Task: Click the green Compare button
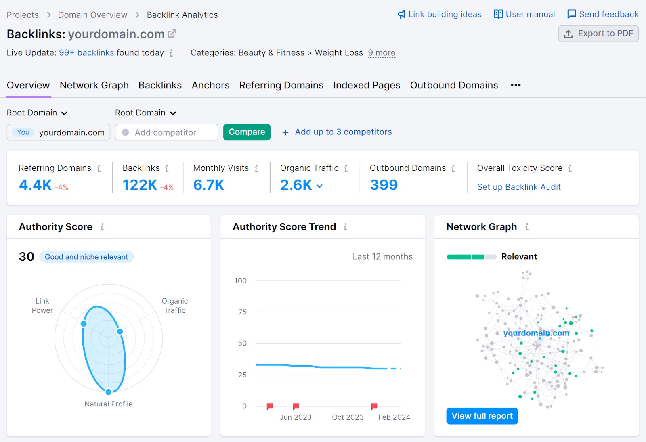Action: pyautogui.click(x=247, y=132)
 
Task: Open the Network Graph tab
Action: pyautogui.click(x=94, y=85)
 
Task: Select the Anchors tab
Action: pyautogui.click(x=210, y=85)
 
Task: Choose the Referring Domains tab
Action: pyautogui.click(x=281, y=85)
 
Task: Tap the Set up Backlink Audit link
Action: pyautogui.click(x=519, y=187)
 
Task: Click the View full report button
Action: pyautogui.click(x=482, y=416)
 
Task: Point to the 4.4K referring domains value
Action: pyautogui.click(x=36, y=185)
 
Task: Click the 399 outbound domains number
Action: pyautogui.click(x=384, y=185)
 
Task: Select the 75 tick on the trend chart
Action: pyautogui.click(x=242, y=312)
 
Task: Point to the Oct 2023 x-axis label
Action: pyautogui.click(x=348, y=417)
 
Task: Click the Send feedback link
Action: pyautogui.click(x=603, y=14)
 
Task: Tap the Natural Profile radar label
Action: pyautogui.click(x=108, y=404)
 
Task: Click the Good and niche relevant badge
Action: pyautogui.click(x=86, y=257)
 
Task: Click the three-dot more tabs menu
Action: pyautogui.click(x=516, y=85)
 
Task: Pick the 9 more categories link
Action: pyautogui.click(x=382, y=53)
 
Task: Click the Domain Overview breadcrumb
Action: pyautogui.click(x=92, y=15)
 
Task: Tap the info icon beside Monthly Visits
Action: pyautogui.click(x=256, y=168)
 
